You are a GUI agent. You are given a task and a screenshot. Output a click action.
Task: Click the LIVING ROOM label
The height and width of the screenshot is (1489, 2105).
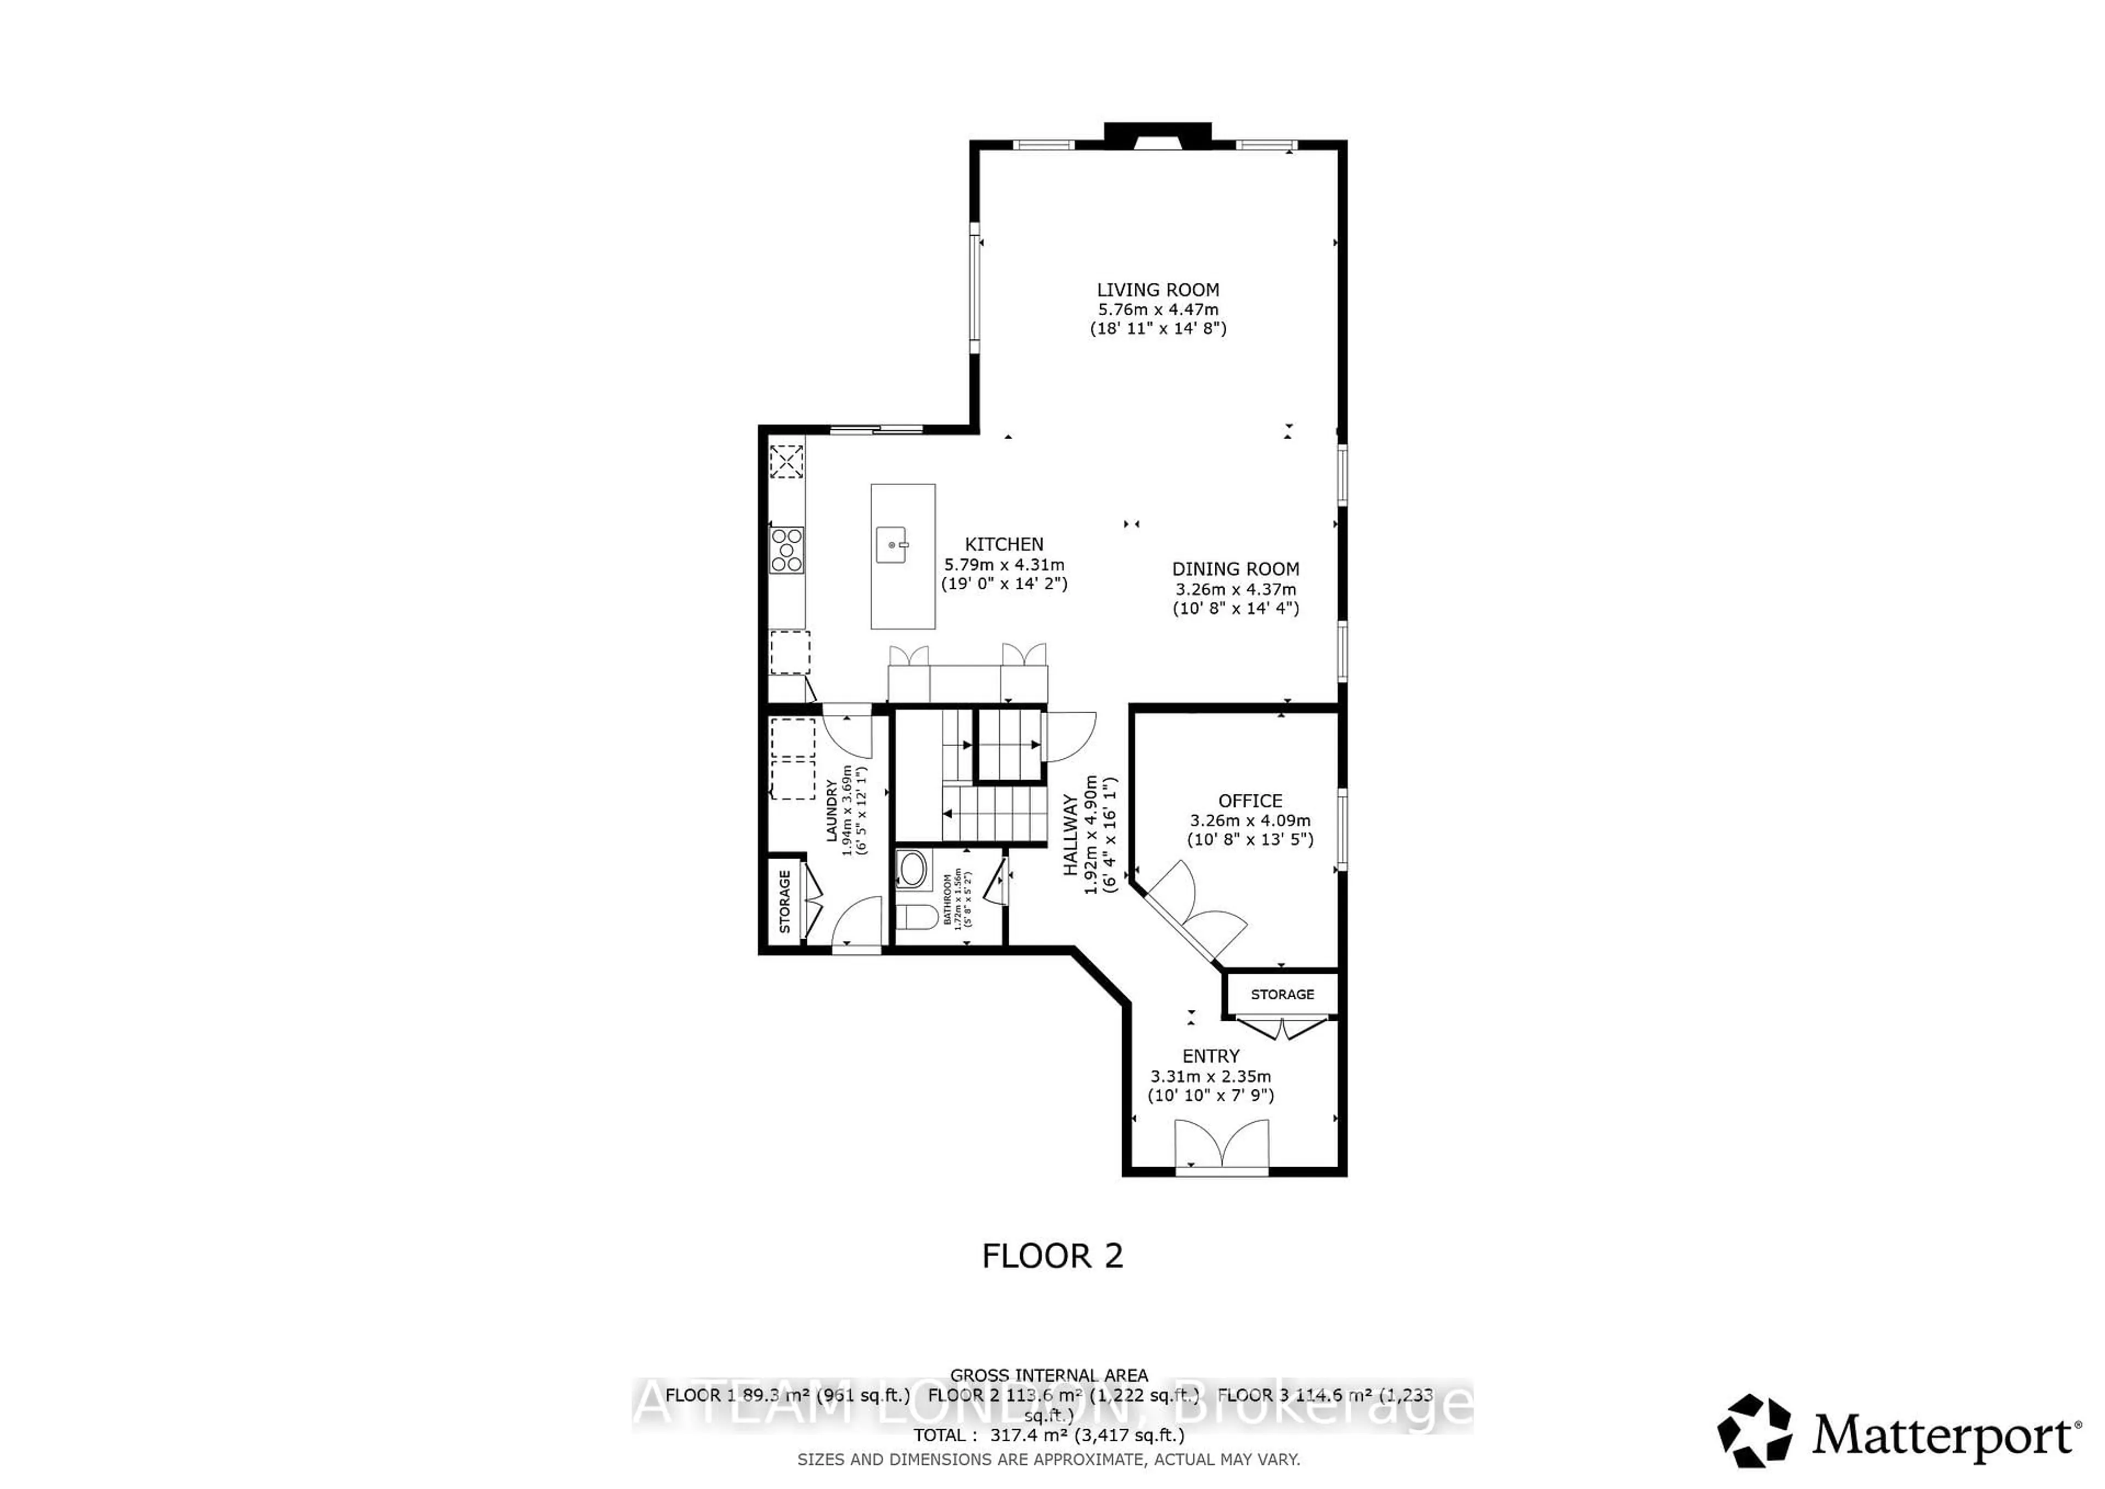pyautogui.click(x=1158, y=289)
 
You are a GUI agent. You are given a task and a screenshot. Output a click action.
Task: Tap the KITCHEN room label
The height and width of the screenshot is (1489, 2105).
pyautogui.click(x=1004, y=544)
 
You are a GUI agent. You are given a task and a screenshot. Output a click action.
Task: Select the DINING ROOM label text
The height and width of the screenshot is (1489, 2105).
pyautogui.click(x=1235, y=570)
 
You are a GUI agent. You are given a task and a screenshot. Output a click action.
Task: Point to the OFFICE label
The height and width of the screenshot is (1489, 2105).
pyautogui.click(x=1250, y=800)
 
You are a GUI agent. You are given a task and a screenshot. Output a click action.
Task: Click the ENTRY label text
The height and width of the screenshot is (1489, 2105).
pyautogui.click(x=1210, y=1056)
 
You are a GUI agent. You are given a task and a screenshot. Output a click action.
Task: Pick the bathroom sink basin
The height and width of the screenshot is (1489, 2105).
pyautogui.click(x=912, y=869)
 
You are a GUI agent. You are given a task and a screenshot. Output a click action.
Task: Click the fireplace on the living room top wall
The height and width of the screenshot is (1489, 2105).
pyautogui.click(x=1157, y=137)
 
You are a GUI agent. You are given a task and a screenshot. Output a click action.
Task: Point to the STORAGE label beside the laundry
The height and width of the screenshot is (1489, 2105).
pyautogui.click(x=785, y=901)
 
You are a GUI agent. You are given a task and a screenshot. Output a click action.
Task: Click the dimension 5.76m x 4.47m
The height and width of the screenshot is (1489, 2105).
pyautogui.click(x=1158, y=310)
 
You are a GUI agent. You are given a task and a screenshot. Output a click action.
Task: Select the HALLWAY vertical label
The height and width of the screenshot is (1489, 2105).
pyautogui.click(x=1071, y=836)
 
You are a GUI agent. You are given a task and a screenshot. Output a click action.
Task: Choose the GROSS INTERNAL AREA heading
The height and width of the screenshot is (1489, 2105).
pyautogui.click(x=1049, y=1376)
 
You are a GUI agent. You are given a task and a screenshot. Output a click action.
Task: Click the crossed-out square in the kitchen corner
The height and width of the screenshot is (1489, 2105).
pyautogui.click(x=786, y=461)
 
